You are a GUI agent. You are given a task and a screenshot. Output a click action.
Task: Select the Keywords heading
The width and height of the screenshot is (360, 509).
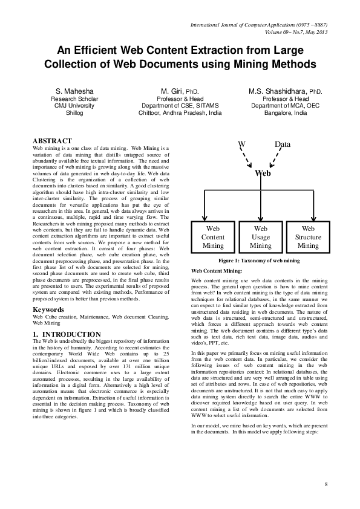[48, 310]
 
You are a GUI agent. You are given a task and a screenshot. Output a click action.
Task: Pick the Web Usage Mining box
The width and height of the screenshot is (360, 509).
[261, 238]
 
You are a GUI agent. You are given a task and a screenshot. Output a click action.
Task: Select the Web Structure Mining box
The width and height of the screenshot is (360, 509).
[308, 238]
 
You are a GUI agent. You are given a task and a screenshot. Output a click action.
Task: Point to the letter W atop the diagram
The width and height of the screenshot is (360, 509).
[241, 144]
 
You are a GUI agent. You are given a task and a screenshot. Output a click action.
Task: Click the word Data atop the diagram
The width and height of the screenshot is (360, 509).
[283, 144]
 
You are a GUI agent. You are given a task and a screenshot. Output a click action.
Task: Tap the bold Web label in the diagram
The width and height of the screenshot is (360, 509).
[263, 172]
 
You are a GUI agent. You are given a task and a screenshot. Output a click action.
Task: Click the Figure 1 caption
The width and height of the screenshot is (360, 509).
[260, 260]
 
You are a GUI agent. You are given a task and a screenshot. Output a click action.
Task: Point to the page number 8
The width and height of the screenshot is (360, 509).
[326, 484]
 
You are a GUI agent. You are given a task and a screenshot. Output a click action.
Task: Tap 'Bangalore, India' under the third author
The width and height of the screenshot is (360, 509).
[285, 112]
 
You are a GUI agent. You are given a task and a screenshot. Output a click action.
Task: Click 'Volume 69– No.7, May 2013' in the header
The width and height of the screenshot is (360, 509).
[289, 31]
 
